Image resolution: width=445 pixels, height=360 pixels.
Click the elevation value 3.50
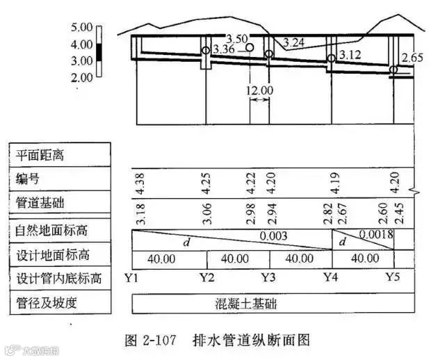(x=237, y=38)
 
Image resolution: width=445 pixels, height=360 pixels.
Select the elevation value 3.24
(x=294, y=42)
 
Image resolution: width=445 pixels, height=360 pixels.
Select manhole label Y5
(x=394, y=278)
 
